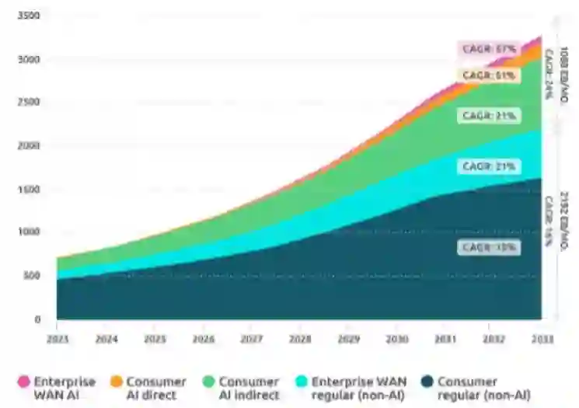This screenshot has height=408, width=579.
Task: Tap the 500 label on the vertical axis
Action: click(33, 275)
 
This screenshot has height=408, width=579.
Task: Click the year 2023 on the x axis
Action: click(58, 339)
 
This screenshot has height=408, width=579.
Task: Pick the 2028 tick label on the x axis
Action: click(299, 339)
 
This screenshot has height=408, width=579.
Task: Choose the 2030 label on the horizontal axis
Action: click(396, 339)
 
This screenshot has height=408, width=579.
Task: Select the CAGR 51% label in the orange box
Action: click(489, 75)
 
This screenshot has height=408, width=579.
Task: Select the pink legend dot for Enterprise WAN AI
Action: click(23, 382)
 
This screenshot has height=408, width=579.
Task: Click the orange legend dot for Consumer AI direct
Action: click(117, 382)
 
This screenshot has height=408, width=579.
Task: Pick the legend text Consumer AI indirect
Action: click(249, 389)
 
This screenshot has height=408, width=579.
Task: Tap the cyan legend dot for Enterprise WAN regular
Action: click(302, 382)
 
